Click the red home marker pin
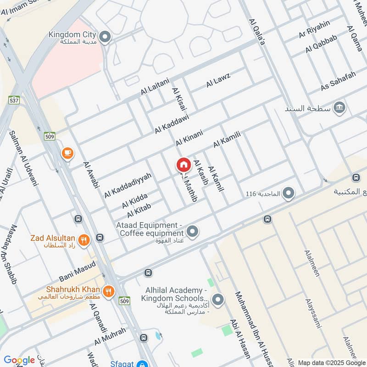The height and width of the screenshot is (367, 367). point(183,165)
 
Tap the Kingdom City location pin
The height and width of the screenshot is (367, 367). point(106,37)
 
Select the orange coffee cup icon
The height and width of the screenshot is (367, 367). point(67,153)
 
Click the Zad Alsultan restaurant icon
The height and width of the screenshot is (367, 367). point(83,239)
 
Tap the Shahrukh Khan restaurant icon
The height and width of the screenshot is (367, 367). point(108,291)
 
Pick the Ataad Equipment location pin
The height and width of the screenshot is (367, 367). point(193,231)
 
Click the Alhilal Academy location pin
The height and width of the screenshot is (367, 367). point(218,300)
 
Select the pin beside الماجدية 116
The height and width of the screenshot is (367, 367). point(289,194)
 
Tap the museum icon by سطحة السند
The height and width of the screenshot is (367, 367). point(340,108)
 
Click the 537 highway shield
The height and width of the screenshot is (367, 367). point(14,99)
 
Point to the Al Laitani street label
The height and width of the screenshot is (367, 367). point(155,86)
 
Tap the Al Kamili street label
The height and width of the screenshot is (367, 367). point(227,139)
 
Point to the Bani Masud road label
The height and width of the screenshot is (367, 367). point(77,271)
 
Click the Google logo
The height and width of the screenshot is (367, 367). point(19,360)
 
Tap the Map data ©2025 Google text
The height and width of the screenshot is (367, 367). point(331,362)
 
